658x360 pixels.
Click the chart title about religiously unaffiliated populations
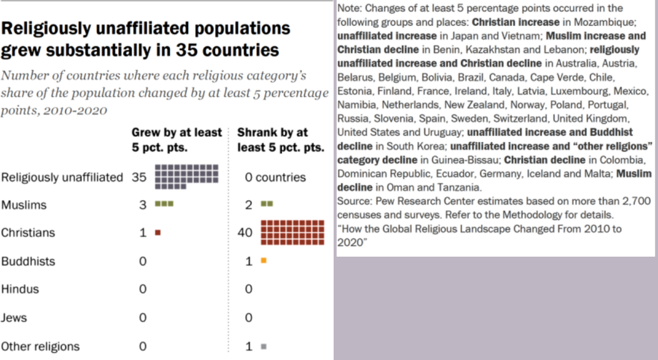click(x=145, y=39)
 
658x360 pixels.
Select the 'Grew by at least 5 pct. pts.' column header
click(x=176, y=140)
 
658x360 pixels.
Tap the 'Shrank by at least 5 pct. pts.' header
click(x=280, y=140)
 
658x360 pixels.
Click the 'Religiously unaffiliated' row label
click(x=62, y=177)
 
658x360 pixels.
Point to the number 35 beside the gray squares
click(x=139, y=177)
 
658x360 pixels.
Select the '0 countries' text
click(x=275, y=177)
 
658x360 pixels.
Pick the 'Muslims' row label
click(x=24, y=205)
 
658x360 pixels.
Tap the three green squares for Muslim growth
click(x=164, y=204)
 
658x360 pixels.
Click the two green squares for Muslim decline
click(x=267, y=204)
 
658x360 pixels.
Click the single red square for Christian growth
click(x=158, y=232)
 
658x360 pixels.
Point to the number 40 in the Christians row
click(x=245, y=232)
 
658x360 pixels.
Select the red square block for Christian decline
click(x=293, y=232)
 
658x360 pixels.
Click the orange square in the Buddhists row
click(x=264, y=261)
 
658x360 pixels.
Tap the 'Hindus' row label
click(x=20, y=289)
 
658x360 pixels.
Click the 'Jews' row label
click(x=14, y=318)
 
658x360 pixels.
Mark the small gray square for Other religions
click(x=264, y=347)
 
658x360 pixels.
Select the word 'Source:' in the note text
click(x=353, y=201)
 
